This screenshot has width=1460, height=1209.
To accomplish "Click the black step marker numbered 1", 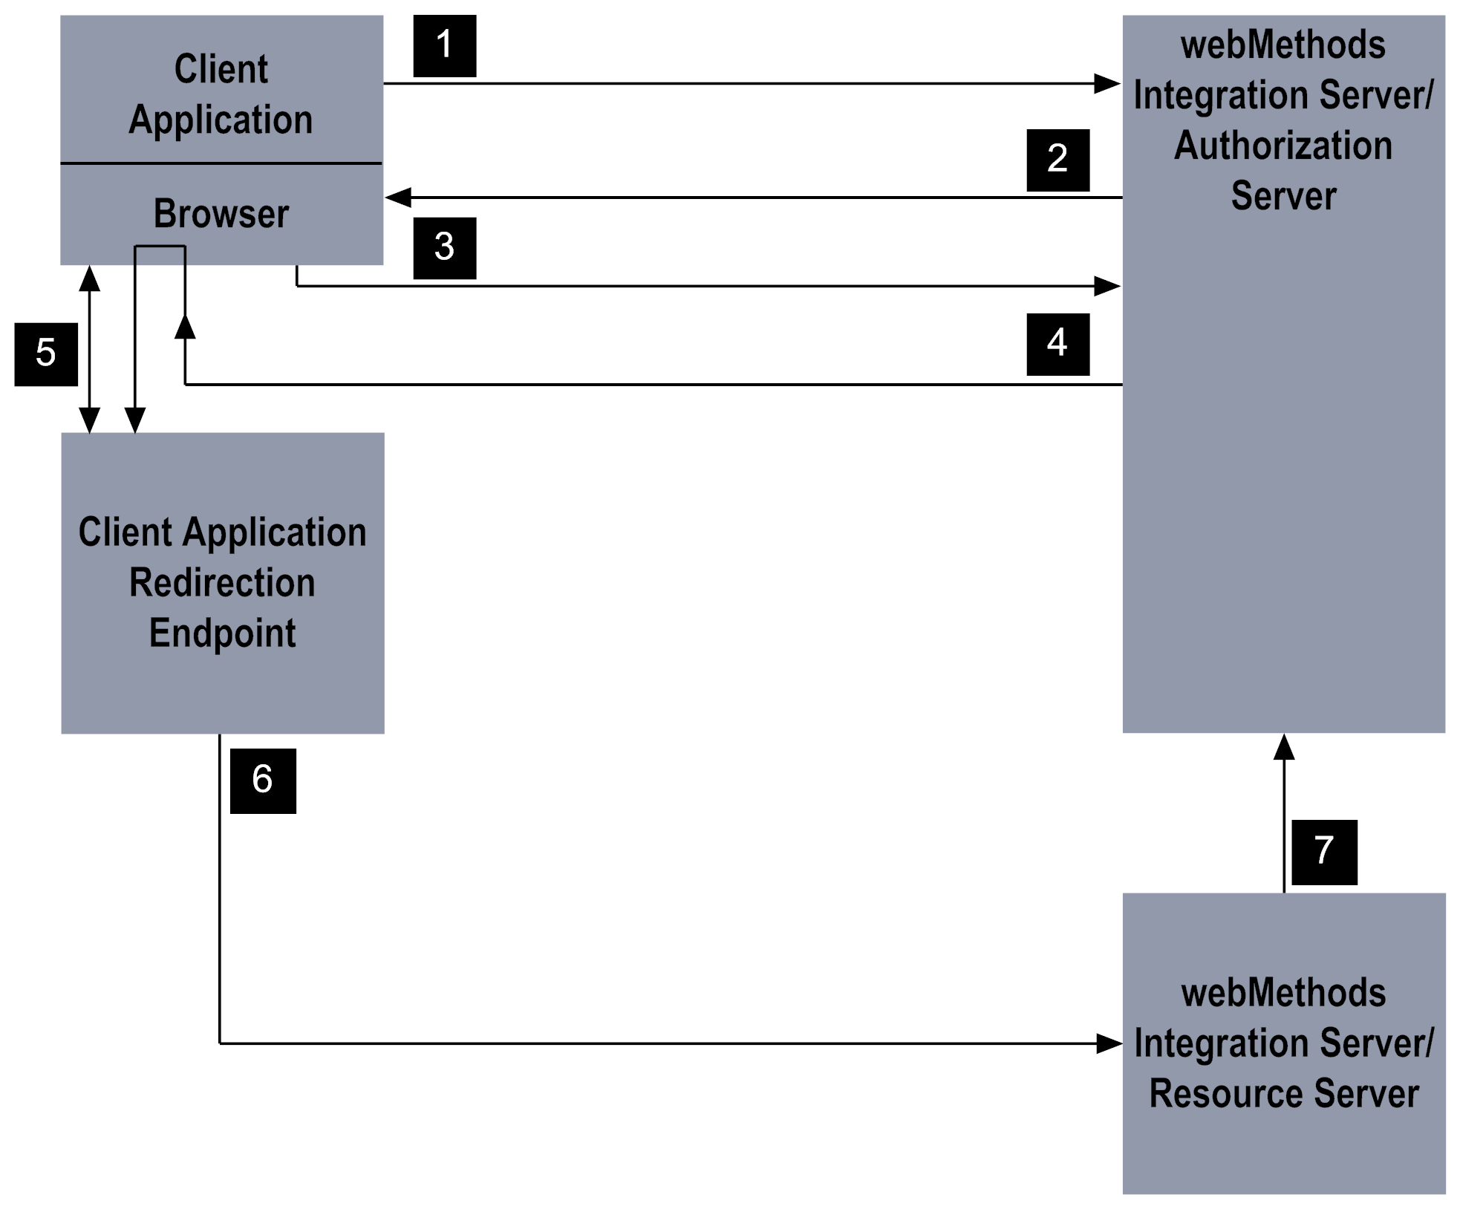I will (x=444, y=45).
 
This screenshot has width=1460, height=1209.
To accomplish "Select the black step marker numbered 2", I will (x=1057, y=160).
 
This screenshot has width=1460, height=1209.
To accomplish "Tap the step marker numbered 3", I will (x=444, y=247).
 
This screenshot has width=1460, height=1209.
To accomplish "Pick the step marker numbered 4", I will (x=1057, y=344).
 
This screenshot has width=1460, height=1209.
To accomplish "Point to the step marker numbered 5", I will (x=46, y=353).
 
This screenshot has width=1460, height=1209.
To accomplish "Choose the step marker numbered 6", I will (x=263, y=781).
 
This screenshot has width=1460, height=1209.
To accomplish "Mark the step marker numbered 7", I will (x=1323, y=852).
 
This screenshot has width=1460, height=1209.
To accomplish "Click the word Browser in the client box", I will (x=221, y=214).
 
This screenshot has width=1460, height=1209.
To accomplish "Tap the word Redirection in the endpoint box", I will (x=222, y=582).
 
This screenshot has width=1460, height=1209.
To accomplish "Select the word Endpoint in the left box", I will (x=222, y=633).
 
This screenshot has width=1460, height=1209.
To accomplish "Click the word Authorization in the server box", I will (x=1283, y=146).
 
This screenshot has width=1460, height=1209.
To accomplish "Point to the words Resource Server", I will (x=1283, y=1094).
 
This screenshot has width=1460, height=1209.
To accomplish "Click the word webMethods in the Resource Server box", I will (x=1283, y=993).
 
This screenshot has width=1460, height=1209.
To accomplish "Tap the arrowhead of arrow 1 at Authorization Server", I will (x=1108, y=84).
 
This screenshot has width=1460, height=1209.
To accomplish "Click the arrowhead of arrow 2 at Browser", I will (x=399, y=198).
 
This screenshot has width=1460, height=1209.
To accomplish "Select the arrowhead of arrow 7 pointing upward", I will (x=1284, y=747).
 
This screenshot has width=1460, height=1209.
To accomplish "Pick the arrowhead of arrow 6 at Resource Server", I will (x=1109, y=1043).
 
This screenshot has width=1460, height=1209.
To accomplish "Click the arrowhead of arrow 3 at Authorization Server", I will (x=1107, y=286).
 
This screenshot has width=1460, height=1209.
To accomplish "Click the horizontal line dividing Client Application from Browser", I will (x=221, y=163).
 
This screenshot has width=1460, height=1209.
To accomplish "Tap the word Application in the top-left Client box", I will (x=221, y=120).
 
